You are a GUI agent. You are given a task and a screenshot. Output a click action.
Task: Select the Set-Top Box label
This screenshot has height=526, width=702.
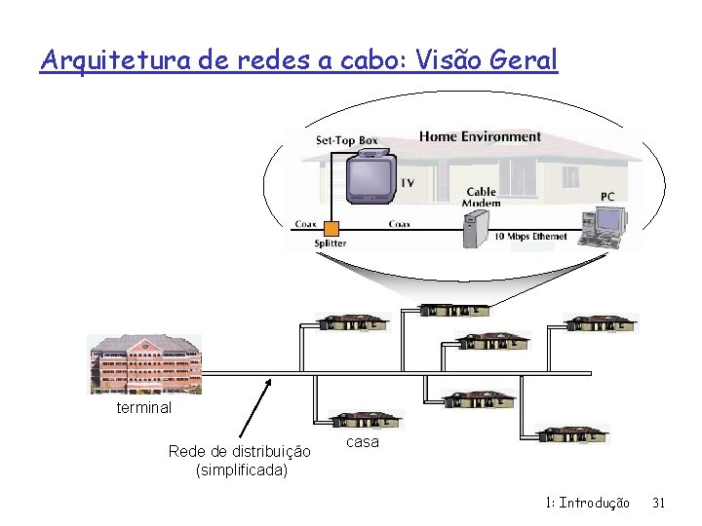pyautogui.click(x=346, y=141)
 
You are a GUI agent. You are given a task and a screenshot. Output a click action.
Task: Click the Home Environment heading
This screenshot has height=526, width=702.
pyautogui.click(x=480, y=136)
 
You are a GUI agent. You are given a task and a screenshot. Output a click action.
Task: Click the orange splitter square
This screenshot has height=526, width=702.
pyautogui.click(x=331, y=229)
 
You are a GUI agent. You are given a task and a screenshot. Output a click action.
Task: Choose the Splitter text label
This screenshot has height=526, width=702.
pyautogui.click(x=330, y=244)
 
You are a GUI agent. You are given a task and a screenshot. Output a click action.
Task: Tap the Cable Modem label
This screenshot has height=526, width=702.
pyautogui.click(x=482, y=197)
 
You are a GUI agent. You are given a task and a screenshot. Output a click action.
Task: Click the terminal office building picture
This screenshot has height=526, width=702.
pyautogui.click(x=144, y=364)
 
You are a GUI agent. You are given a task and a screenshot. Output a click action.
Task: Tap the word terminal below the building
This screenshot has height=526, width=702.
pyautogui.click(x=143, y=407)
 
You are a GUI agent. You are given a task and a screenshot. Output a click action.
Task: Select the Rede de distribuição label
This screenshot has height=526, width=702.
pyautogui.click(x=240, y=451)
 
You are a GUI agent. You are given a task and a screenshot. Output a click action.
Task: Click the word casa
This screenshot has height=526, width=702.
pyautogui.click(x=363, y=441)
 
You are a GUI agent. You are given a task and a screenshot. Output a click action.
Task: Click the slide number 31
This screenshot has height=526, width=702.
pyautogui.click(x=658, y=503)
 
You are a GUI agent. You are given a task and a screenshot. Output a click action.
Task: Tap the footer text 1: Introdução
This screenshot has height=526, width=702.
pyautogui.click(x=588, y=503)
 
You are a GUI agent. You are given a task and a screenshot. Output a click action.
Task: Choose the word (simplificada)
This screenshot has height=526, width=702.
pyautogui.click(x=242, y=470)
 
